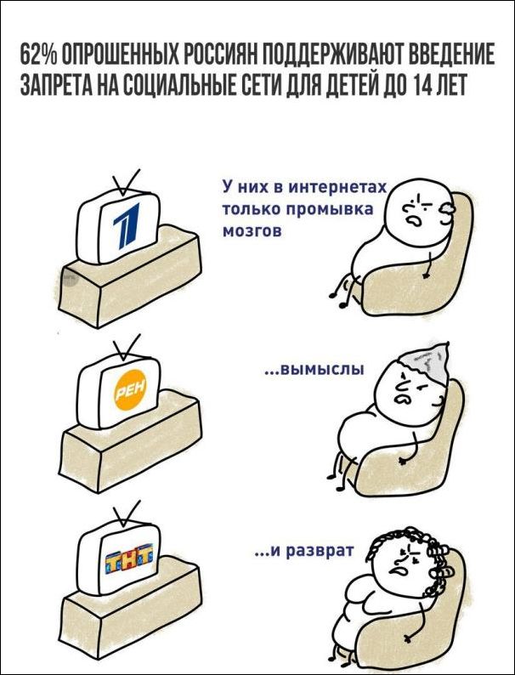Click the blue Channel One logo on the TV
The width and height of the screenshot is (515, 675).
pos(127,226)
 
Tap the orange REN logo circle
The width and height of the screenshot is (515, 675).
pos(130,389)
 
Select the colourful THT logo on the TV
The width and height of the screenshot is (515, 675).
pos(128,559)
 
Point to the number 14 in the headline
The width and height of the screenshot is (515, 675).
pos(422,84)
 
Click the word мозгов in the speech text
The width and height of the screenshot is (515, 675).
pos(252,231)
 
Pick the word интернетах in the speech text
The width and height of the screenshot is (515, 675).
pos(337,187)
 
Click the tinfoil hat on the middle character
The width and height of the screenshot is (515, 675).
pos(426,362)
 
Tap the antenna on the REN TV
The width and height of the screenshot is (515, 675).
pos(125,347)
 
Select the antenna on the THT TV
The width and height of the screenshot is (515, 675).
pos(125,514)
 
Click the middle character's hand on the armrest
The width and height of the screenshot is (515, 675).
pos(404,460)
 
